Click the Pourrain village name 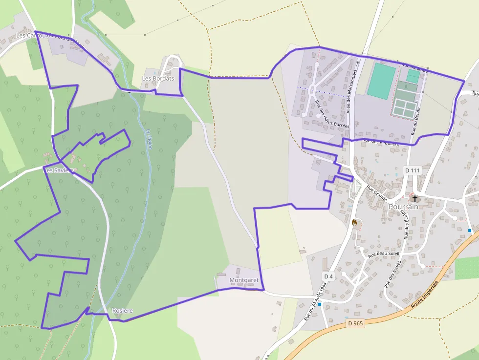coord(404,207)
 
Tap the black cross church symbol coord(415,198)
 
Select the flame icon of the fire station coord(355,223)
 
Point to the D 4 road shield coord(328,276)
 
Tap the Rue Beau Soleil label coord(384,254)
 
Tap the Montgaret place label coord(244,280)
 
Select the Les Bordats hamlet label coord(158,78)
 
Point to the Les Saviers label coord(59,170)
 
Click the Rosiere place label coord(122,311)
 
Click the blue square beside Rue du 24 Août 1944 coord(320,304)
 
